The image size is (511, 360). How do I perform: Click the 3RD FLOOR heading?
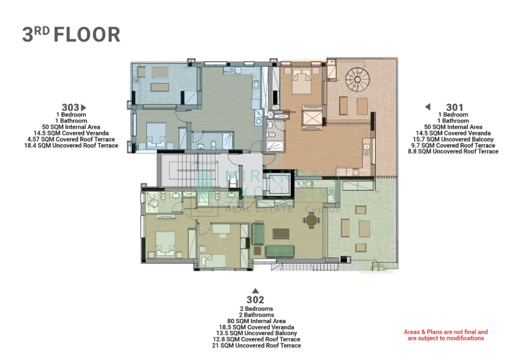[71, 34]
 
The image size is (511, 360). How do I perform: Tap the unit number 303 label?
[70, 107]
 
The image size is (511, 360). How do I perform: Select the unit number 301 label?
[455, 107]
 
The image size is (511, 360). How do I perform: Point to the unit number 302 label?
[255, 300]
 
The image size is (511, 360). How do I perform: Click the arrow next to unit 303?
[83, 107]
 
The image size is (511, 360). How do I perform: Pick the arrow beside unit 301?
[428, 107]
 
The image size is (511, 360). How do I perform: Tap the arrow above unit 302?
[255, 291]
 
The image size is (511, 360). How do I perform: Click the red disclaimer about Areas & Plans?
[446, 335]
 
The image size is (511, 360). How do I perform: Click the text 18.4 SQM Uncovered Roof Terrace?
[71, 146]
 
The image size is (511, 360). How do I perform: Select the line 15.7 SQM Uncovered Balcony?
[453, 139]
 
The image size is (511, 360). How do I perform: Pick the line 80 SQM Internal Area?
[256, 321]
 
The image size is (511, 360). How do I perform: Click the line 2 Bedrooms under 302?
[256, 309]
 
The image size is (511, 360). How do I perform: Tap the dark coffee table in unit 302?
[280, 234]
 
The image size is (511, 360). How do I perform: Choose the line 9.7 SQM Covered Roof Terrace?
[453, 146]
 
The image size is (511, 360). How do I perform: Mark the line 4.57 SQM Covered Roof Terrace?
[71, 139]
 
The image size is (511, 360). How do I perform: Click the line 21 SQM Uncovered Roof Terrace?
[256, 346]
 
